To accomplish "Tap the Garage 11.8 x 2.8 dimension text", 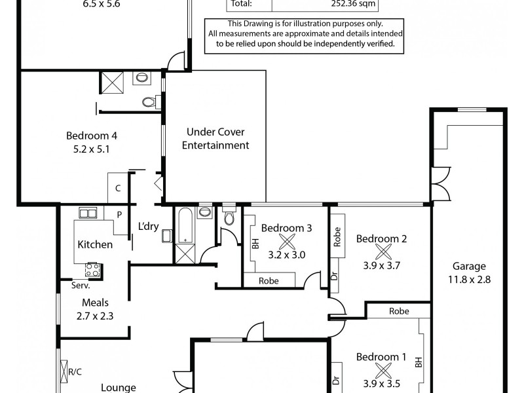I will (x=469, y=279).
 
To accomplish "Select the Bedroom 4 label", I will (x=92, y=136).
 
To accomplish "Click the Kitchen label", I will (x=95, y=244).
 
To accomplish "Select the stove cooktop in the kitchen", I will (x=92, y=269).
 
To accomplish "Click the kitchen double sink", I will (x=88, y=213).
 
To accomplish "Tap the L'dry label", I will (x=148, y=227).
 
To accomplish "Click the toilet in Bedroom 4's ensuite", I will (x=149, y=102).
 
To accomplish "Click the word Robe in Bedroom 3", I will (x=269, y=280).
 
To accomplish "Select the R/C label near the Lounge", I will (x=76, y=372).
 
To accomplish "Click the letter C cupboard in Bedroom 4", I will (x=118, y=189).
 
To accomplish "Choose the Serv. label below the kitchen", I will (x=81, y=286).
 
